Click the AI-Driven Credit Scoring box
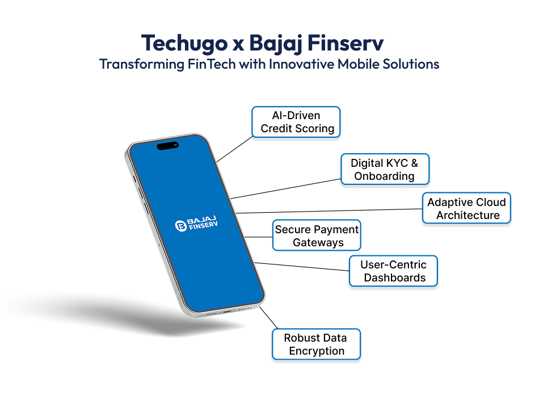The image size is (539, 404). click(296, 122)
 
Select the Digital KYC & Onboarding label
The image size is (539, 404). click(385, 169)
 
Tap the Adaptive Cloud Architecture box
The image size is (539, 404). click(467, 208)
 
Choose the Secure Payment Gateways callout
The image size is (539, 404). click(317, 235)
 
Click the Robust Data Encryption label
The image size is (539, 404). click(316, 344)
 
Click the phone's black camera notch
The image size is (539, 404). click(167, 146)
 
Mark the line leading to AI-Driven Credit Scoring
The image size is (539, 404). click(234, 149)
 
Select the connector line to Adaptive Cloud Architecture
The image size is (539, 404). click(329, 211)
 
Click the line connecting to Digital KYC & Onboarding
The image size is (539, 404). click(287, 188)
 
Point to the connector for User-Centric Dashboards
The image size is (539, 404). click(301, 267)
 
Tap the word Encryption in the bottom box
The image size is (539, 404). click(317, 351)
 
